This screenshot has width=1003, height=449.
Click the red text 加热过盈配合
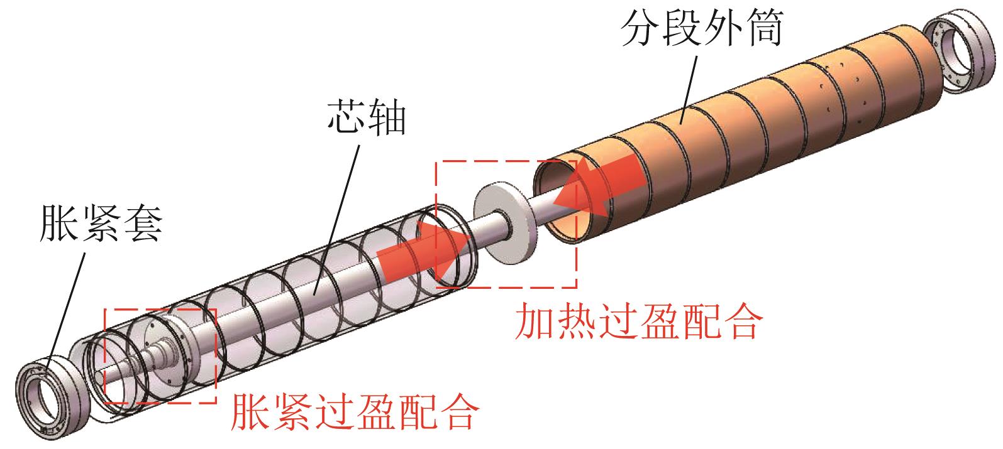point(638,322)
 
